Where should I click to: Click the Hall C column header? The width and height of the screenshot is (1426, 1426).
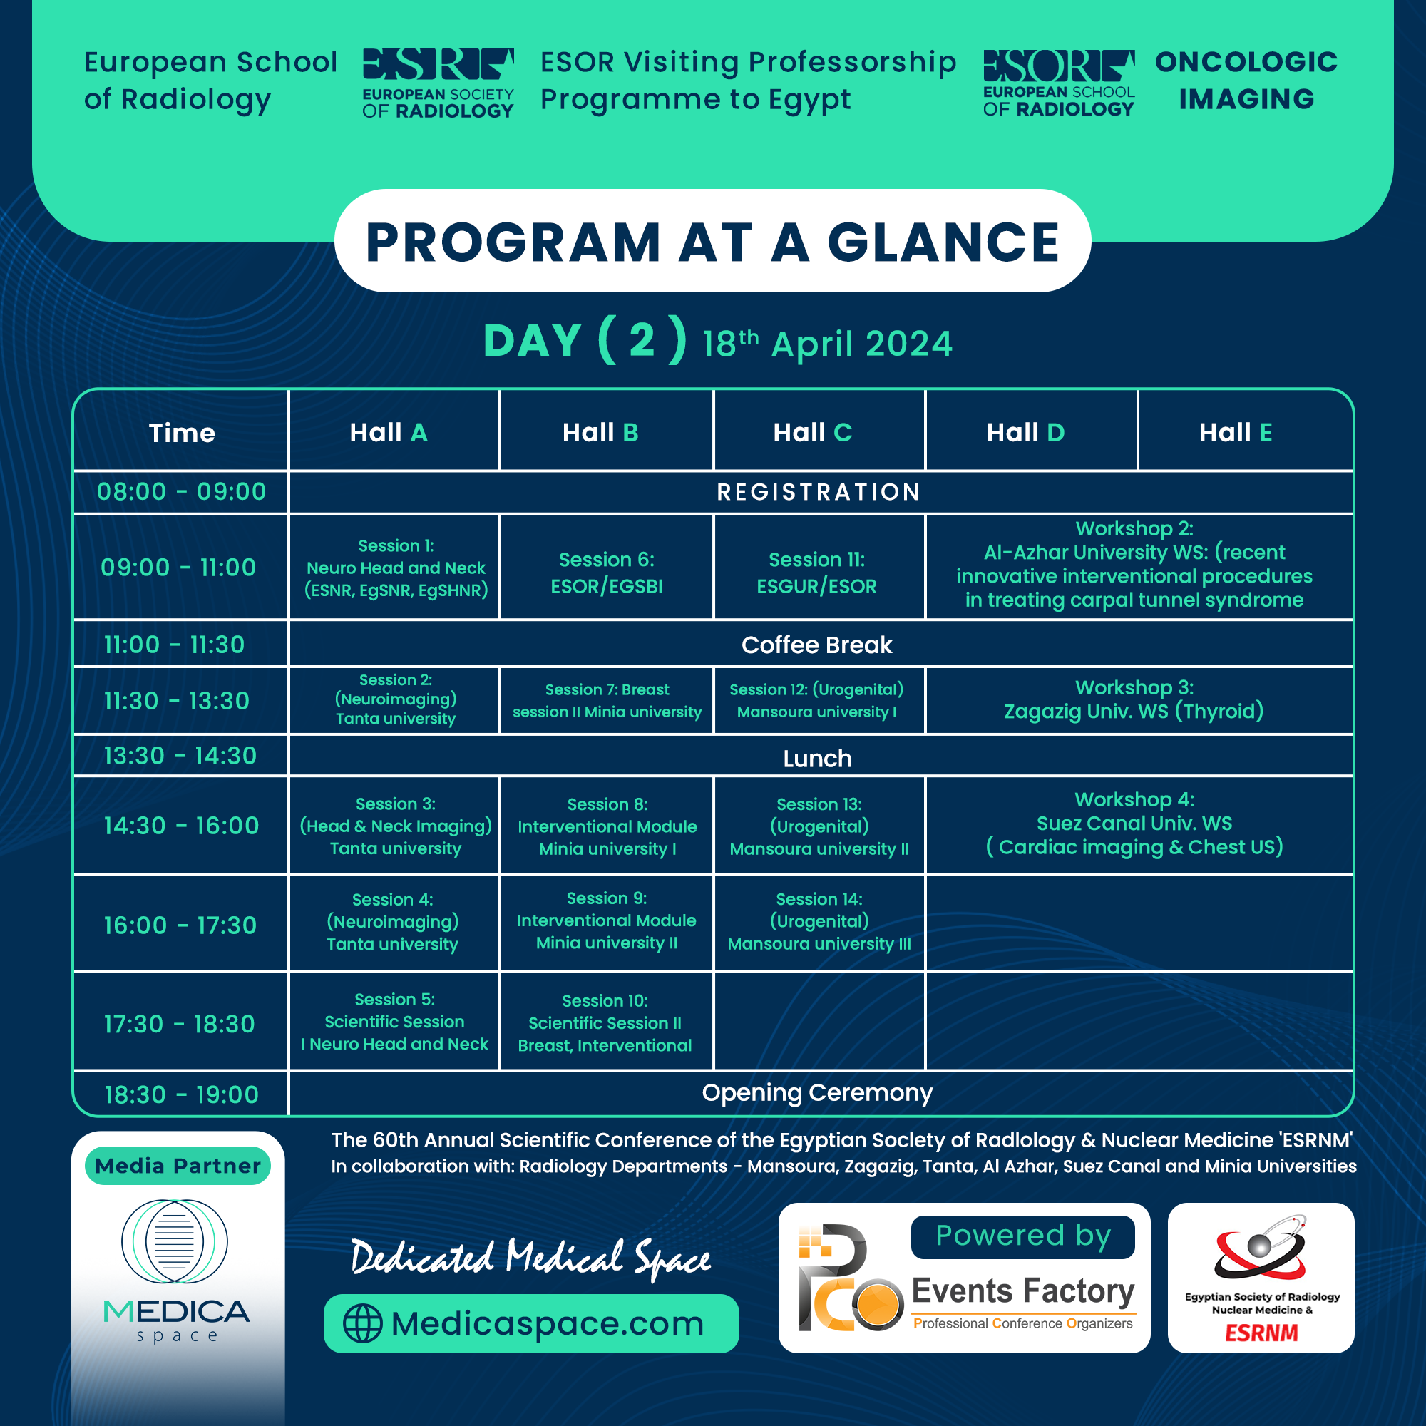point(812,433)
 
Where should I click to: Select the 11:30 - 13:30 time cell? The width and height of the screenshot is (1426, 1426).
point(177,700)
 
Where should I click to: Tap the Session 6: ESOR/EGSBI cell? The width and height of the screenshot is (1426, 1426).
point(606,572)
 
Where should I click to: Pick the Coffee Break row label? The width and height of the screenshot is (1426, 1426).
point(816,645)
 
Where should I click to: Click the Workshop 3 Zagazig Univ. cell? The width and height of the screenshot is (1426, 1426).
point(1134,699)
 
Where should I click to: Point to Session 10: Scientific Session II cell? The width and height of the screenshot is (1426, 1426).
point(605,1022)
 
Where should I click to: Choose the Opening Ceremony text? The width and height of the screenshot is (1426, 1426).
point(817,1092)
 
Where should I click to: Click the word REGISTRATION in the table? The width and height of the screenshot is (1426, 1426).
point(819,491)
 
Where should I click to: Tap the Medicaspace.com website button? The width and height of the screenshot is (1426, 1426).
point(530,1323)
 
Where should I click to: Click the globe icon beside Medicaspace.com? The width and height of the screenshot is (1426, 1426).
point(363,1323)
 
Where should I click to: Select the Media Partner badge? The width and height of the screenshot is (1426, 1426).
point(178,1166)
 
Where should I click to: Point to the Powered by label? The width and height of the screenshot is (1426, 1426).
point(1022,1236)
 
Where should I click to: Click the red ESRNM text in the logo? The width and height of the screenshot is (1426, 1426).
point(1261,1333)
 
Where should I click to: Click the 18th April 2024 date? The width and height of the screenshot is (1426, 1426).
point(826,344)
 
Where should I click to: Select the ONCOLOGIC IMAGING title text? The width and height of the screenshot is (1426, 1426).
point(1246,81)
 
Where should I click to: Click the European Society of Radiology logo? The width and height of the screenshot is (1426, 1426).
point(438,83)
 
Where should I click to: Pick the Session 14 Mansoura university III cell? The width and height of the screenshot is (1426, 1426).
point(819,922)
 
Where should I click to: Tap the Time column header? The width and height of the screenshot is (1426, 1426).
point(182,433)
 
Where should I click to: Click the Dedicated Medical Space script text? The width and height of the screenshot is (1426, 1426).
point(530,1258)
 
